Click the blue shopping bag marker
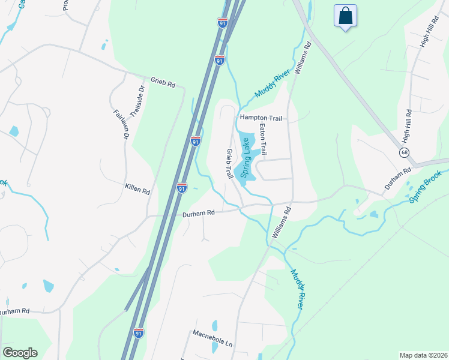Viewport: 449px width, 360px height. click(x=346, y=16)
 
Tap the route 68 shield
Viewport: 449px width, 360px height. click(x=405, y=153)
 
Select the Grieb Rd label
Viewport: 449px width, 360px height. click(x=163, y=82)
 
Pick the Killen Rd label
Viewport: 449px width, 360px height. click(x=137, y=190)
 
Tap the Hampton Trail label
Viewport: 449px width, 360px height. click(x=261, y=118)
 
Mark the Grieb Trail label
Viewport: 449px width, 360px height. click(x=229, y=164)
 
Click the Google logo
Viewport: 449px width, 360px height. click(x=20, y=353)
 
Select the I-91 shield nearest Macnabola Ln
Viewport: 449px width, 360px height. click(x=139, y=334)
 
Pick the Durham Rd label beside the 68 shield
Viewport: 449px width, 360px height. click(x=397, y=178)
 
